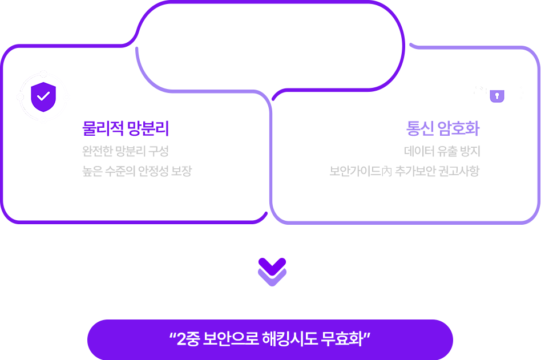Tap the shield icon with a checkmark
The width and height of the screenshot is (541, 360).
pyautogui.click(x=43, y=96)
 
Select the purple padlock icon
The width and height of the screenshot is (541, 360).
pyautogui.click(x=497, y=95)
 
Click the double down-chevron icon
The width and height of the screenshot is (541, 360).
pyautogui.click(x=272, y=272)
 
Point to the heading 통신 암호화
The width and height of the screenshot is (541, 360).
pyautogui.click(x=443, y=128)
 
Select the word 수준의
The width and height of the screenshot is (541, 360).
pyautogui.click(x=120, y=171)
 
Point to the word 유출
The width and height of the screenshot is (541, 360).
pyautogui.click(x=443, y=151)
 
